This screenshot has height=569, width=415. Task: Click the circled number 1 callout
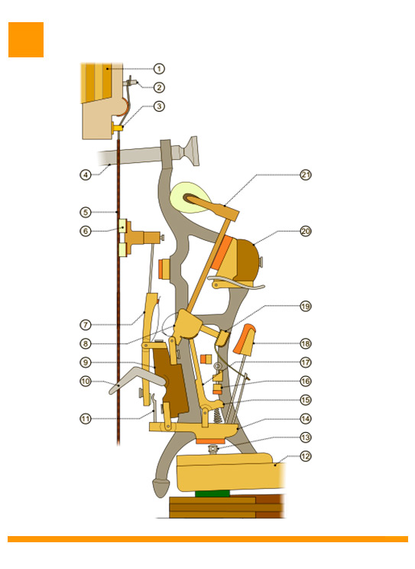(x=159, y=69)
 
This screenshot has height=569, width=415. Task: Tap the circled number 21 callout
(x=306, y=175)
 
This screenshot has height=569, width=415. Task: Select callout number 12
(x=306, y=456)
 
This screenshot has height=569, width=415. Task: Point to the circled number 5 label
(x=86, y=213)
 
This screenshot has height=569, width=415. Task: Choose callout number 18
(x=306, y=343)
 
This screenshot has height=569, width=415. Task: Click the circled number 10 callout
(x=86, y=382)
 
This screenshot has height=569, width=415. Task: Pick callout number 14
(x=306, y=419)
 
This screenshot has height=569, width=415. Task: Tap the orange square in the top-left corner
(x=26, y=40)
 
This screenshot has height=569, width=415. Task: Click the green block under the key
(x=212, y=493)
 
